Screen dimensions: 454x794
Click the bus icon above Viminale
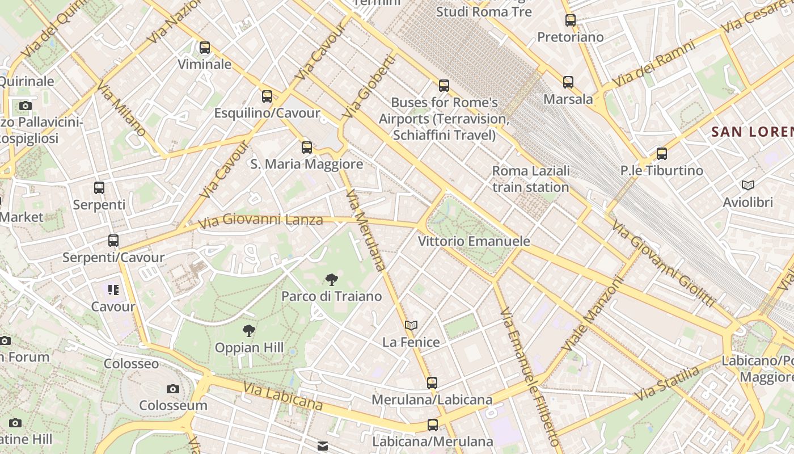pyautogui.click(x=205, y=48)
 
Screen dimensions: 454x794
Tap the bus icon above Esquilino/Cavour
pyautogui.click(x=267, y=96)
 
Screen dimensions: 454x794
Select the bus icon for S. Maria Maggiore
pyautogui.click(x=307, y=148)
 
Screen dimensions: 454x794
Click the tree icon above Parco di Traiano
pyautogui.click(x=332, y=279)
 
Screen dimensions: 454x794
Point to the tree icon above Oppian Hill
pyautogui.click(x=248, y=331)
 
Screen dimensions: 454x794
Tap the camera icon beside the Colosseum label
pyautogui.click(x=173, y=389)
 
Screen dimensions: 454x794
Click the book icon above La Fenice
pyautogui.click(x=411, y=325)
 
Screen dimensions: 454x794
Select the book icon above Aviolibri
pyautogui.click(x=748, y=185)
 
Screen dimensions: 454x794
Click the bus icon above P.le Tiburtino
pyautogui.click(x=661, y=153)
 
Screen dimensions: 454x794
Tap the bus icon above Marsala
pyautogui.click(x=568, y=82)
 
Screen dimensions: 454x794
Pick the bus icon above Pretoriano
pyautogui.click(x=571, y=20)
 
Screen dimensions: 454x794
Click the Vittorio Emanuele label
pyautogui.click(x=474, y=241)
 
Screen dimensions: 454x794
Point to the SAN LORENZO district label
pyautogui.click(x=752, y=132)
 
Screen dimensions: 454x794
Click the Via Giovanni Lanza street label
pyautogui.click(x=261, y=220)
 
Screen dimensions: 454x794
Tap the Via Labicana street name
pyautogui.click(x=283, y=396)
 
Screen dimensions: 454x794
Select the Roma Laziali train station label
pyautogui.click(x=531, y=179)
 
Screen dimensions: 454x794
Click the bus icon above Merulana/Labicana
pyautogui.click(x=432, y=383)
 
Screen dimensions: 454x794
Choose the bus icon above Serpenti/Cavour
pyautogui.click(x=113, y=241)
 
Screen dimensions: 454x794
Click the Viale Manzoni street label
pyautogui.click(x=592, y=314)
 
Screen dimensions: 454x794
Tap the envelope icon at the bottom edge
pyautogui.click(x=323, y=447)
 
